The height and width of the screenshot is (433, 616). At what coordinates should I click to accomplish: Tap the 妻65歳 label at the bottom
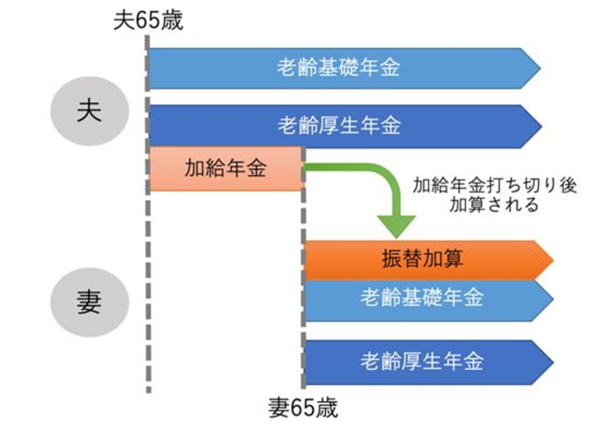pos(303,409)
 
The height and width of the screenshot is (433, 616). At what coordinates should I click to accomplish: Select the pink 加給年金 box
pos(225,169)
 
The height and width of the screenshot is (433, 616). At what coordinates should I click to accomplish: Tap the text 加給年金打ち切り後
pos(495,186)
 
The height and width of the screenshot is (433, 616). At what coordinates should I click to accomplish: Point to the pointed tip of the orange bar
pos(549,260)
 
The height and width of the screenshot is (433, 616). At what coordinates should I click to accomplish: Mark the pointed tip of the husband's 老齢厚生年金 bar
pos(538,126)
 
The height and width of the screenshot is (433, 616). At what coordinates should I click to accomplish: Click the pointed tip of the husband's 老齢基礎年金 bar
pos(538,67)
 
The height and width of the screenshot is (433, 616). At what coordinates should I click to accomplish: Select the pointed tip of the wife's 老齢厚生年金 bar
pos(549,362)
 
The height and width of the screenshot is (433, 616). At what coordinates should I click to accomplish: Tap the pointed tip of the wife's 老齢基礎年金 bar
pos(549,299)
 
